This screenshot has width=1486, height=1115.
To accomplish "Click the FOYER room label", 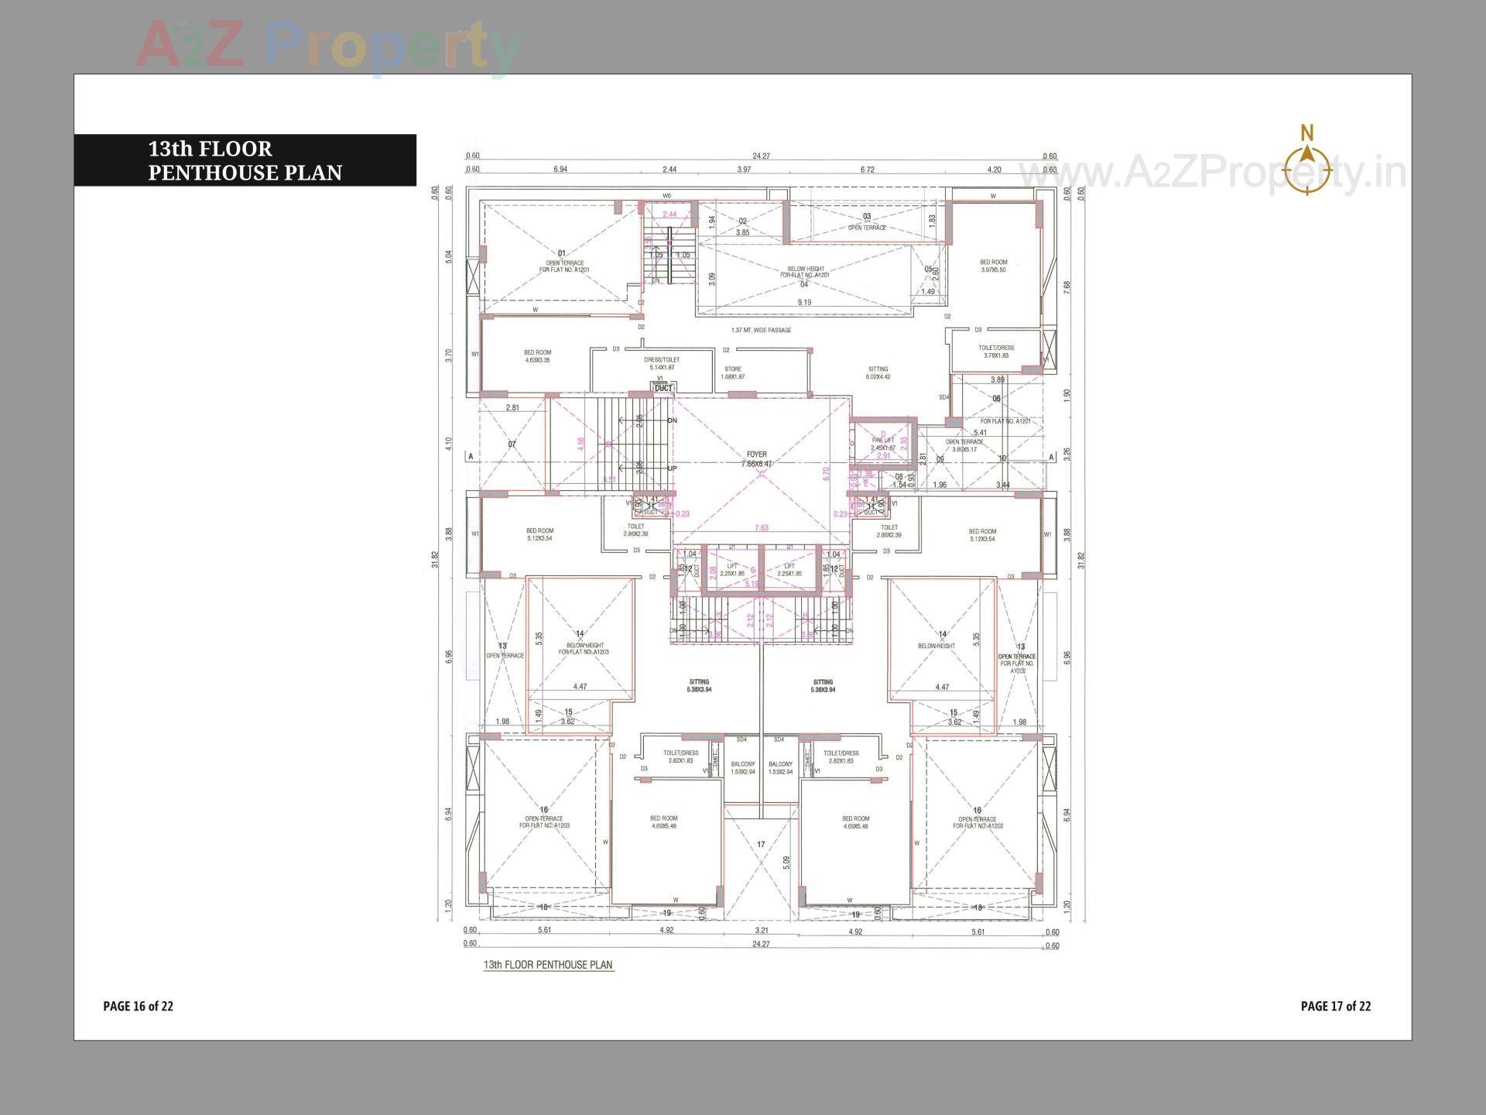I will point(756,459).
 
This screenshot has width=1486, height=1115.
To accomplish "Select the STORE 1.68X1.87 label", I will point(732,373).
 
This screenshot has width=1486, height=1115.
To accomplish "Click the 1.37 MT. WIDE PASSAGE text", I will point(761,331).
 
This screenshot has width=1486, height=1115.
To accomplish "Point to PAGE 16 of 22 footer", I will point(139,1007).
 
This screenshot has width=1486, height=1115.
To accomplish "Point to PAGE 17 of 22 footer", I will point(1335,1007).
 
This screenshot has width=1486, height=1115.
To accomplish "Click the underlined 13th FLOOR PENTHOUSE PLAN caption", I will point(548,965).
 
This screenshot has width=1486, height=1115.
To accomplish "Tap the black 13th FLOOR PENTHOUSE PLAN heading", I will point(245,160).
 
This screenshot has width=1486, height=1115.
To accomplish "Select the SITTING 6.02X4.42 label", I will point(878,373).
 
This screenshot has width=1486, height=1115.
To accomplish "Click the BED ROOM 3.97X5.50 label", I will point(993,266).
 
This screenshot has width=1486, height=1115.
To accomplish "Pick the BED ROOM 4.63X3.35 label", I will point(537,356).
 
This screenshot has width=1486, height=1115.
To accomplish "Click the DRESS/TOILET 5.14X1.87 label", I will point(662,364).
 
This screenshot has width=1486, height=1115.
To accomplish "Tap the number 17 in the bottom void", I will point(761,845).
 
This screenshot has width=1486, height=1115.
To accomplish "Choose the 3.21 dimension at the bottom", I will point(761,931).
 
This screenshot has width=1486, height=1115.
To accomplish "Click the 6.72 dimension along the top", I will point(867,170).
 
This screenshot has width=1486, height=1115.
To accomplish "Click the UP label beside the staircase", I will point(672,469).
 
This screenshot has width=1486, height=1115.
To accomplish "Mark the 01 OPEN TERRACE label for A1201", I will point(564,262).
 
